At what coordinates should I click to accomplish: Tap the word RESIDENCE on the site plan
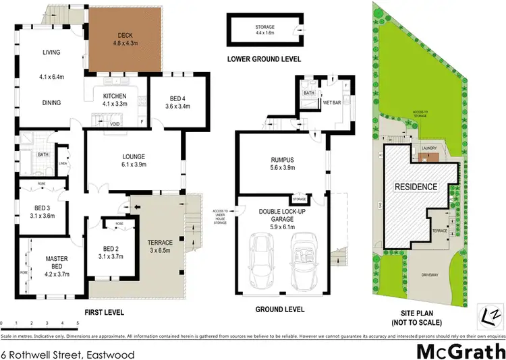tap(416, 186)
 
